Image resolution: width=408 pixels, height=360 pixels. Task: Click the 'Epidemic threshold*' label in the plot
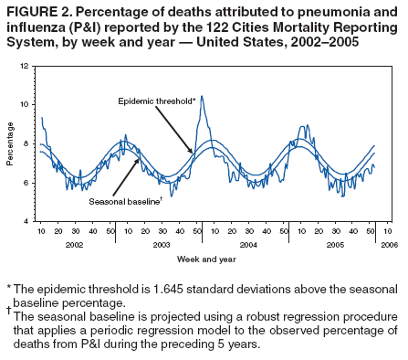(x=157, y=100)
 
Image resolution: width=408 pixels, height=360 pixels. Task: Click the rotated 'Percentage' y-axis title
(x=10, y=144)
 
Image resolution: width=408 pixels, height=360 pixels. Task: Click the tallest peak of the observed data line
(x=202, y=96)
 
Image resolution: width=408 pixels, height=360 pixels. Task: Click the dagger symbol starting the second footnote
(x=8, y=310)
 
